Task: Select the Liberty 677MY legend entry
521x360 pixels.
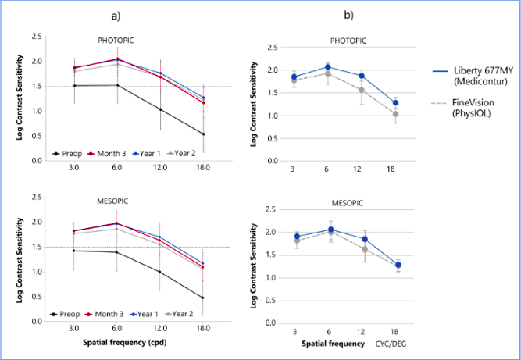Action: click(x=469, y=75)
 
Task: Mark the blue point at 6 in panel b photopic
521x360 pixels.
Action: click(x=328, y=67)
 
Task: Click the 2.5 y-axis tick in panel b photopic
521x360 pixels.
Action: click(x=273, y=48)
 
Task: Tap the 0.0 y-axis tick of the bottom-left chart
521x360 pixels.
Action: click(x=35, y=321)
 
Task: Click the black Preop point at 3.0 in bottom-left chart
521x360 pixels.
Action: click(x=74, y=251)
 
